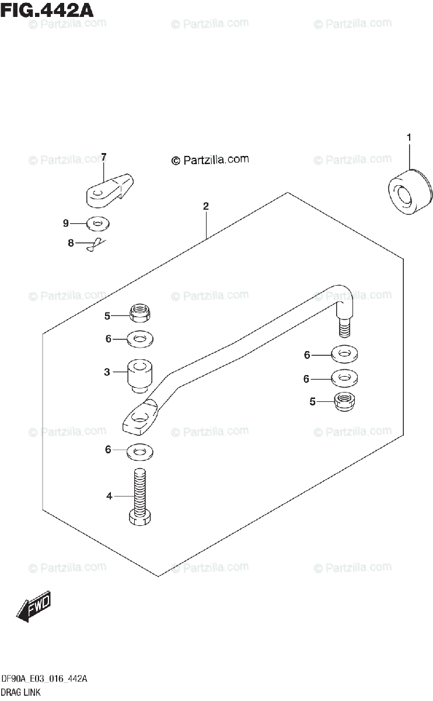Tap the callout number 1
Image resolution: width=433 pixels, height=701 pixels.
point(409,137)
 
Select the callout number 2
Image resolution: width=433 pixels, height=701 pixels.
point(206,206)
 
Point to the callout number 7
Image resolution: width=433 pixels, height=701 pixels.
point(103,157)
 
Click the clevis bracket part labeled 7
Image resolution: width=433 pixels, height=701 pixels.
point(109,190)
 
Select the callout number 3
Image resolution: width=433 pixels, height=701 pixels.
point(107,372)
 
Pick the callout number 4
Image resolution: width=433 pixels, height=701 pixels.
point(109,497)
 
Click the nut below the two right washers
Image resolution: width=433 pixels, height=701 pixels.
point(345,402)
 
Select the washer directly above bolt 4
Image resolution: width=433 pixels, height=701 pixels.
point(139,450)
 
